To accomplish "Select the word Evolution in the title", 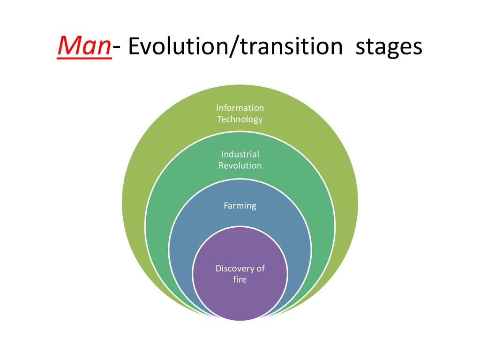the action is click(x=179, y=46).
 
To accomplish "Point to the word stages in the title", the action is click(x=389, y=48).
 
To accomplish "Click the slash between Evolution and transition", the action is click(x=234, y=46).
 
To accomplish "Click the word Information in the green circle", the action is click(x=240, y=108).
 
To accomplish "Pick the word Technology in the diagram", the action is click(x=240, y=119).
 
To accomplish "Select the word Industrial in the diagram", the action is click(x=240, y=154).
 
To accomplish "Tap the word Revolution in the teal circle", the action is click(x=240, y=165).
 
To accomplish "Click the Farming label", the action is click(x=240, y=206).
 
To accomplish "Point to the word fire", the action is click(x=240, y=279).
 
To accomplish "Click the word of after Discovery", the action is click(x=261, y=268).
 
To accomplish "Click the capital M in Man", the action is click(x=69, y=45).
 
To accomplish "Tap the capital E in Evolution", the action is click(x=134, y=46).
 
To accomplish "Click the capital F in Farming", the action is click(x=226, y=205).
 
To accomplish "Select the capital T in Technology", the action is click(x=220, y=119).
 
